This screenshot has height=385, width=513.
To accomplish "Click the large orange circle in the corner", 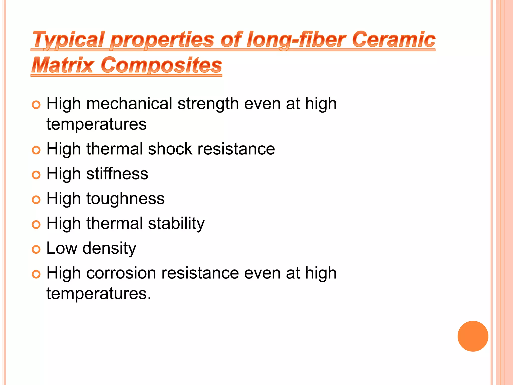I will [x=473, y=336].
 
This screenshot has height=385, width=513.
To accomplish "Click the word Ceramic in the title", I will [x=394, y=39].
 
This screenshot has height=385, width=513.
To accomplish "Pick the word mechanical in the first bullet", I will [x=129, y=104].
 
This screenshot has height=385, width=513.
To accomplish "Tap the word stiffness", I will [x=117, y=174].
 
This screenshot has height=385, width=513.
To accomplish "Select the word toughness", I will [x=125, y=199].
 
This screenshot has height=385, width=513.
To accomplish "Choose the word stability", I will [x=176, y=223].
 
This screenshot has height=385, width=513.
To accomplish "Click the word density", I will [x=109, y=248].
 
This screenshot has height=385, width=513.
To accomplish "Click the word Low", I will [x=62, y=248].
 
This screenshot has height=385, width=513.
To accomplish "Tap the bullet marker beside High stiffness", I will [x=36, y=175].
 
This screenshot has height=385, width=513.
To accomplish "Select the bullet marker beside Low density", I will [x=36, y=249].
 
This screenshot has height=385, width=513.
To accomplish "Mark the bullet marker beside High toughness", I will [x=36, y=200].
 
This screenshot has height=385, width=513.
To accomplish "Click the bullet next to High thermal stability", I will [x=36, y=225].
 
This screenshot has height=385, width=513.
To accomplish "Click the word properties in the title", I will [x=162, y=39].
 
